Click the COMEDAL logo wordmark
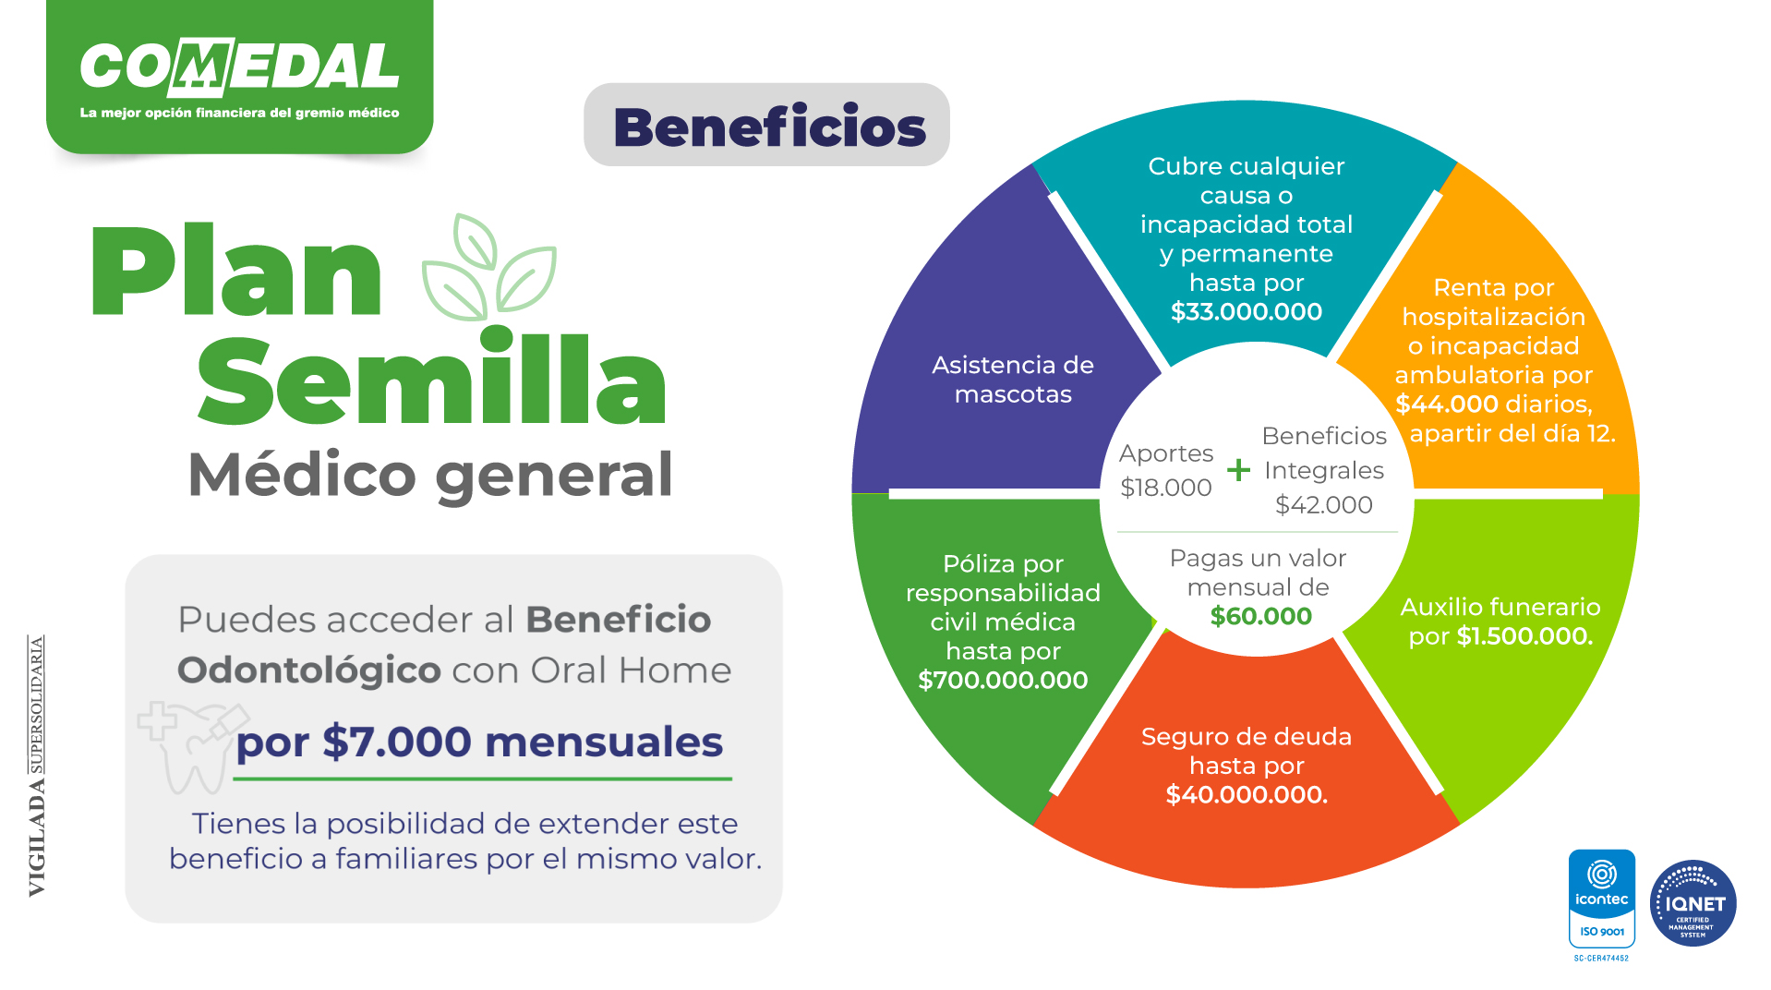pos(240,67)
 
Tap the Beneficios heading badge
pos(766,125)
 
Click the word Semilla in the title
pos(431,380)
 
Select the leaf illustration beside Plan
pos(488,268)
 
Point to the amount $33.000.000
pos(1247,311)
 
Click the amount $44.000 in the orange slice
pos(1447,404)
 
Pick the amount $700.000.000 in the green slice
pos(1003,681)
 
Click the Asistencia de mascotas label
pos(1013,380)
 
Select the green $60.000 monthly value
pos(1260,616)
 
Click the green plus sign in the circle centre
pos(1238,470)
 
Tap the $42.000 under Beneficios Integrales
pos(1323,505)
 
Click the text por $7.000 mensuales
pos(479,742)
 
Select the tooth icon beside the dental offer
pos(192,749)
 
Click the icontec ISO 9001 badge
pos(1601,899)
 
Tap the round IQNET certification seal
pos(1693,903)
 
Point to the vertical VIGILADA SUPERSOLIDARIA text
pos(37,766)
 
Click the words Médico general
pos(430,476)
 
